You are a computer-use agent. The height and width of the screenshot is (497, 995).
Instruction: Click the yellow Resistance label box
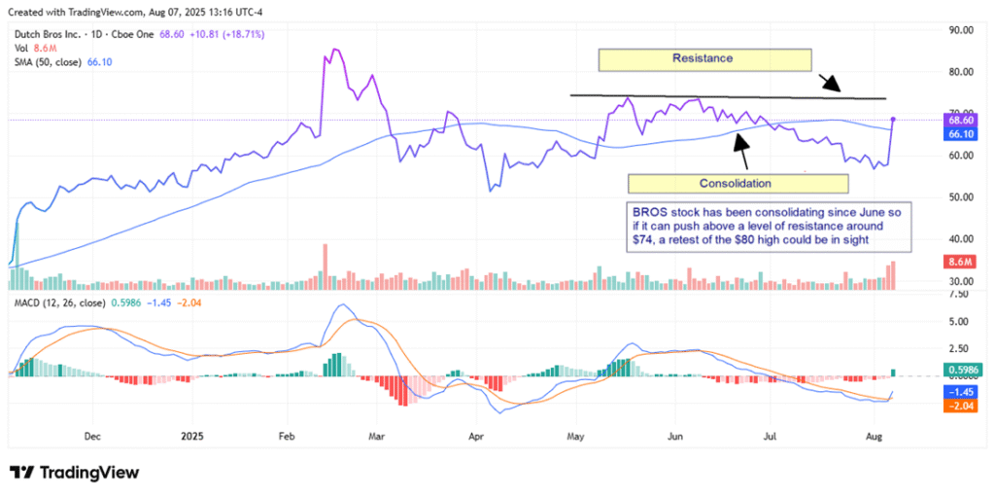pos(703,59)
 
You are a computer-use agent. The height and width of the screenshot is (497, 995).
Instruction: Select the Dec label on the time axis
pos(93,437)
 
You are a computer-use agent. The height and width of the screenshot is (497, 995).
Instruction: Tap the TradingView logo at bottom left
pos(74,473)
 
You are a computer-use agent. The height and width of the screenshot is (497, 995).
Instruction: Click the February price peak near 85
pos(335,50)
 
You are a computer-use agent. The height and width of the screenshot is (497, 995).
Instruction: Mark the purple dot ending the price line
pos(893,119)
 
